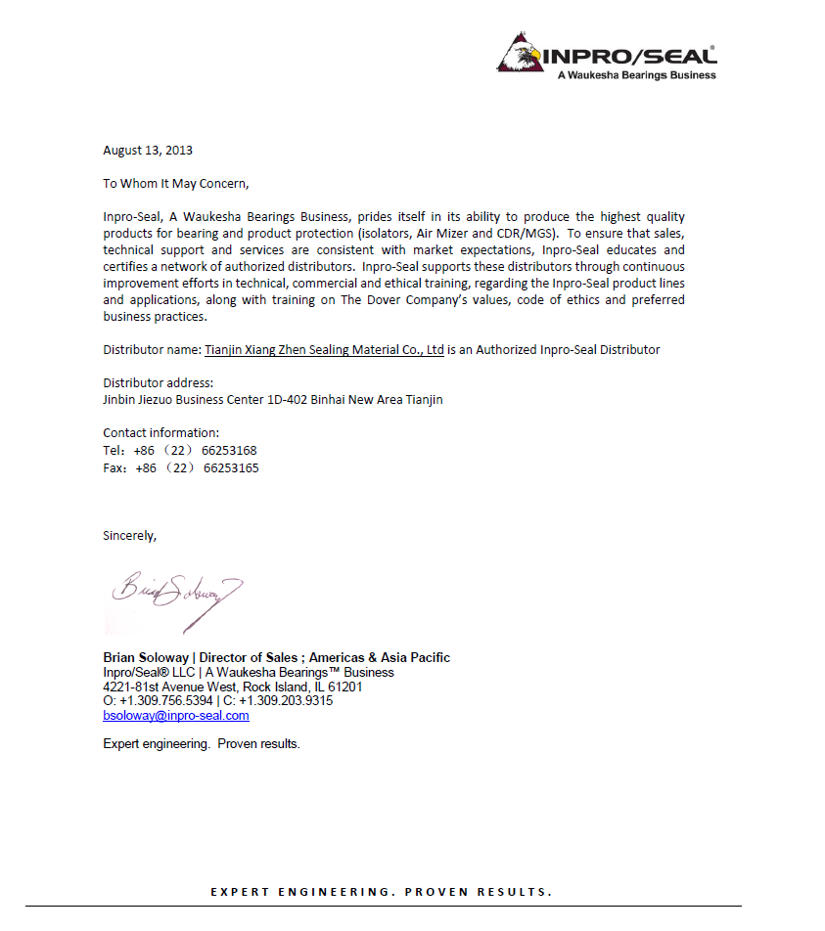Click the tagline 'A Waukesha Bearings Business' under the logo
[x=636, y=75]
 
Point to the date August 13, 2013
[x=148, y=151]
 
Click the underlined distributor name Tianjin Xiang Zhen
[x=324, y=349]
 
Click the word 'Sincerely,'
[x=130, y=535]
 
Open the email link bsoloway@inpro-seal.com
[x=176, y=716]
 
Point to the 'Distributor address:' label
[x=159, y=382]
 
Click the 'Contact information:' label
[x=161, y=433]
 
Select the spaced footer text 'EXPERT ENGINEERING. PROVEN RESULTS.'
[x=382, y=892]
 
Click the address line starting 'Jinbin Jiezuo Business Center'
[x=273, y=400]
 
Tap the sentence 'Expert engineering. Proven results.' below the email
[x=202, y=744]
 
